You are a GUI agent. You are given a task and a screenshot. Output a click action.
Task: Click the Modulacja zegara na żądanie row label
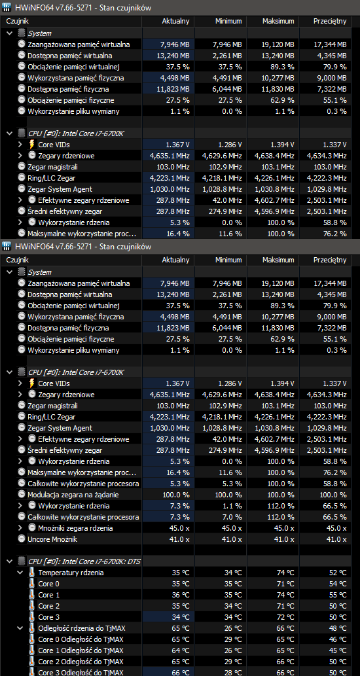click(x=73, y=495)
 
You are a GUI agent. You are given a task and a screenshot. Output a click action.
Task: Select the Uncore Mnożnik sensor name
click(x=52, y=539)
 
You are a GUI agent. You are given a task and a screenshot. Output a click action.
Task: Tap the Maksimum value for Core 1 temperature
click(x=285, y=594)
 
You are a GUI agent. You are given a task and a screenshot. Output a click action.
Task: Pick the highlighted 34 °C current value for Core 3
click(x=181, y=617)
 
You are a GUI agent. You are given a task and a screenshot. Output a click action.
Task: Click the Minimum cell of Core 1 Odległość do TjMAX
click(x=233, y=650)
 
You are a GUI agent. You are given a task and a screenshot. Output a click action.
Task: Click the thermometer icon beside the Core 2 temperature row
click(x=31, y=606)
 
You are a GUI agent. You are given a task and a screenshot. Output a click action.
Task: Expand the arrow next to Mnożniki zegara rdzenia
click(x=20, y=527)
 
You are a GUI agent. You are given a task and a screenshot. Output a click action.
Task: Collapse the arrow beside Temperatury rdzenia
click(x=20, y=573)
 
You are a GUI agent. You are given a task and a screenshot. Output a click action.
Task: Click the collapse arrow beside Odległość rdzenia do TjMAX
click(x=20, y=628)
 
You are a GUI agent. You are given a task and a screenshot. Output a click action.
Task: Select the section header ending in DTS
click(x=84, y=561)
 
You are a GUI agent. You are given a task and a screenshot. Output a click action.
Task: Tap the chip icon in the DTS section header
click(x=21, y=561)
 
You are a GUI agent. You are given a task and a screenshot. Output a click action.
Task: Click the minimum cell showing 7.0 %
click(x=233, y=516)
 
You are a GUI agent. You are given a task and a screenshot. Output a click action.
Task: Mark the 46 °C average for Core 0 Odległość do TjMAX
click(x=338, y=639)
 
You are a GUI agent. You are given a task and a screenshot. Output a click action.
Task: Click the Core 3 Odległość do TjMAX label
click(x=81, y=673)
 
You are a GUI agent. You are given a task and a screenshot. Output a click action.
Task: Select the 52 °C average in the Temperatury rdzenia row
click(x=338, y=573)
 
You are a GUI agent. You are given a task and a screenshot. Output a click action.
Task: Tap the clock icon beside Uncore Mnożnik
click(x=22, y=539)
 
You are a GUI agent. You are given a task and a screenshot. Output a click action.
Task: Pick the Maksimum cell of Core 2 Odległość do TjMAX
click(x=285, y=662)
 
